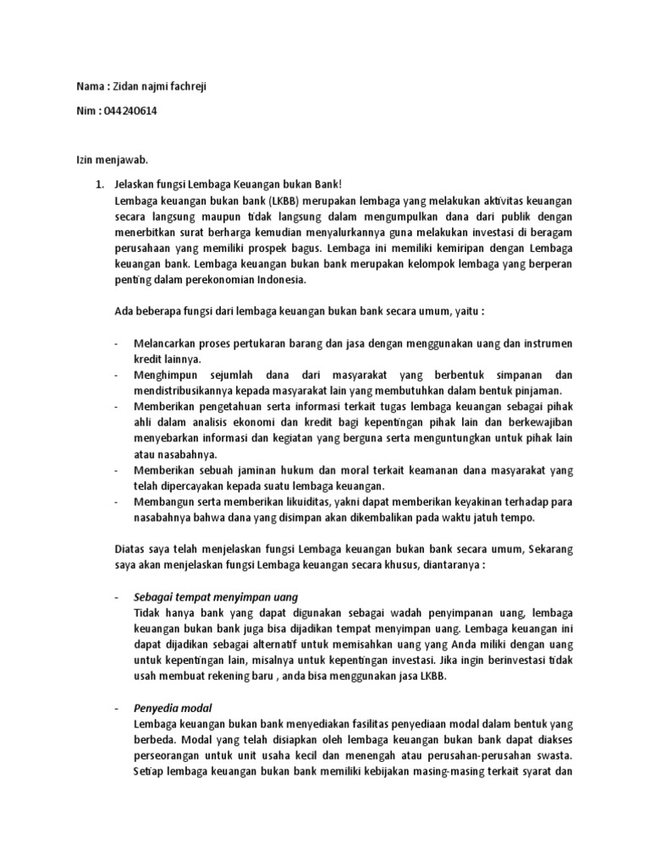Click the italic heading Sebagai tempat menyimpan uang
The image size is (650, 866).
coord(215,596)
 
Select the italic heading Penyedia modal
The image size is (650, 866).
coord(173,706)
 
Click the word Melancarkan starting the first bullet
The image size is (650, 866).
coord(168,343)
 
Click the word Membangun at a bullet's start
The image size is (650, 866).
coord(165,501)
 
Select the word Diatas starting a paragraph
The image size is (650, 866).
coord(129,548)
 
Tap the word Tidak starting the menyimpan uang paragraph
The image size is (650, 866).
coord(147,611)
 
